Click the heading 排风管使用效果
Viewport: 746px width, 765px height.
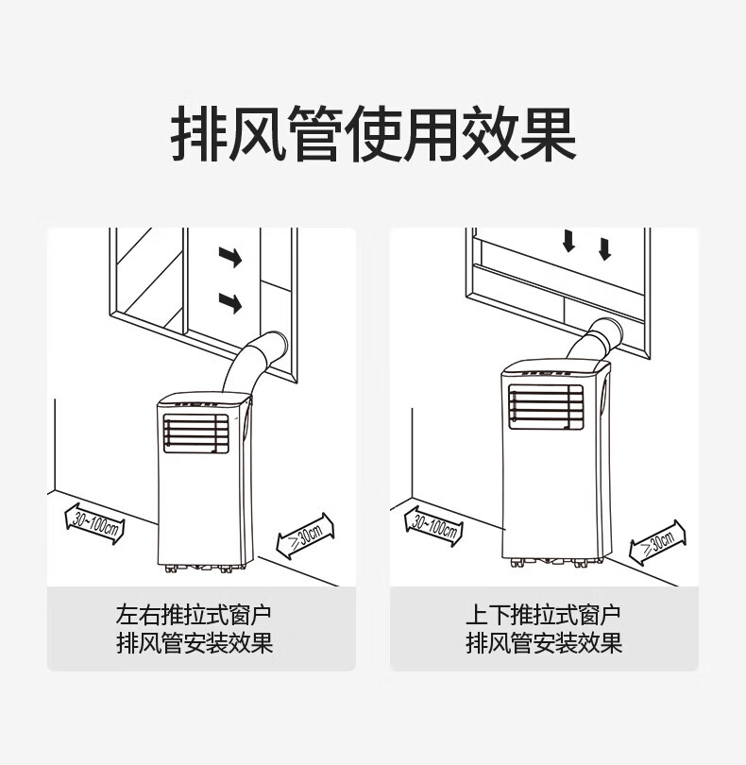[x=373, y=135]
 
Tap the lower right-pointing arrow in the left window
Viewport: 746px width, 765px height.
[x=229, y=302]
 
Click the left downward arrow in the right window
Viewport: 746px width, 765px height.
[x=568, y=241]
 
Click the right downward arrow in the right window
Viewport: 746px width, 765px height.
[x=604, y=248]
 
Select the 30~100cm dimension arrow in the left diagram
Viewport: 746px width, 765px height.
[x=93, y=520]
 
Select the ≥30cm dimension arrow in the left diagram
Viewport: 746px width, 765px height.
[x=305, y=536]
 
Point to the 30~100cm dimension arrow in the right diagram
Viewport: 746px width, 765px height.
[x=434, y=521]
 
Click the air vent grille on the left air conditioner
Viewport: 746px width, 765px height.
[x=196, y=436]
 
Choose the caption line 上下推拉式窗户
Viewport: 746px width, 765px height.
[x=543, y=616]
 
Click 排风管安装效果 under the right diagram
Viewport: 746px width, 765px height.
[x=543, y=644]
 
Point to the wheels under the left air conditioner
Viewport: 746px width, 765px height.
[x=200, y=569]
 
